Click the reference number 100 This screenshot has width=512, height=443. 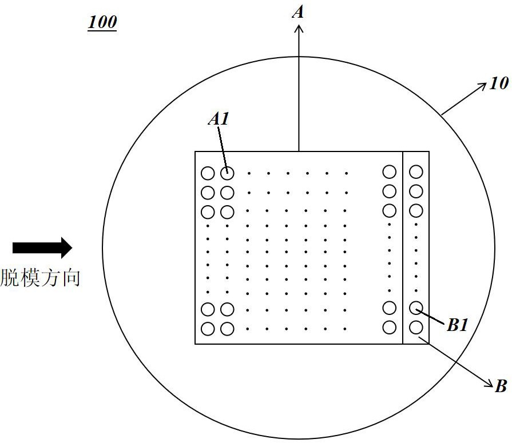tap(102, 23)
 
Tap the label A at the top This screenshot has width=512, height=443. tap(297, 11)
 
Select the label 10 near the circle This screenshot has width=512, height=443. tap(498, 83)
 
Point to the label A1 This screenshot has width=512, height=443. tap(218, 119)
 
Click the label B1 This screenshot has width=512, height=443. tap(458, 326)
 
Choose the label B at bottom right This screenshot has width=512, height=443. tap(501, 386)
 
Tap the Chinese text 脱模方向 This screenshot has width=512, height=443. tap(40, 278)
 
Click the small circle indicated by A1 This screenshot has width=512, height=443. tap(227, 173)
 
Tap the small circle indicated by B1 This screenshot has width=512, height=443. tap(416, 309)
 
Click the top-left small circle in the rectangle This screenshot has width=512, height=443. tap(208, 173)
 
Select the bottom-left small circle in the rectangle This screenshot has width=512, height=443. tap(208, 329)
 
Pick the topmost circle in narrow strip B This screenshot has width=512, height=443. tap(416, 171)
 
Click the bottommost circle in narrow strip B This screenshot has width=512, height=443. tap(416, 328)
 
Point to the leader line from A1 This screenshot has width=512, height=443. tap(223, 146)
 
